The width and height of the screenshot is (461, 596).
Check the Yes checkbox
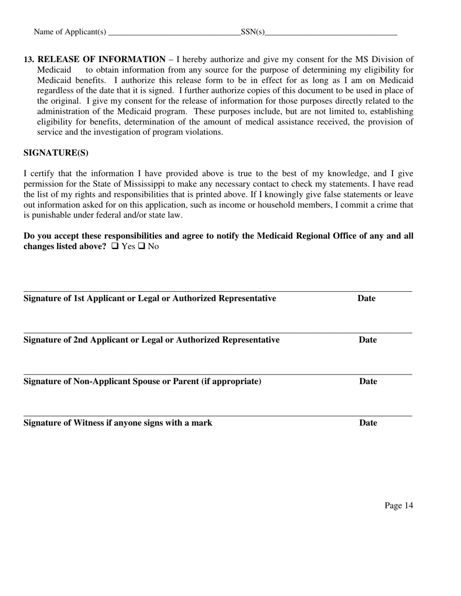(115, 246)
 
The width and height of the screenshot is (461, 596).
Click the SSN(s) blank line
(331, 33)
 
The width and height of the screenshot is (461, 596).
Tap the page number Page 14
(399, 505)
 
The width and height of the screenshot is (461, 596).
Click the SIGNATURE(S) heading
(56, 153)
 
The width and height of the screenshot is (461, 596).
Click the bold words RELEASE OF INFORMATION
(101, 59)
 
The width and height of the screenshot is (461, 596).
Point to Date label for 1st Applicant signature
(366, 298)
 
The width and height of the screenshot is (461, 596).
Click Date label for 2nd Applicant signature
(367, 340)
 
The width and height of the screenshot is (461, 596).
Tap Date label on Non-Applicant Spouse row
(368, 381)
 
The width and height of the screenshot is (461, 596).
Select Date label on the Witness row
(368, 423)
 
